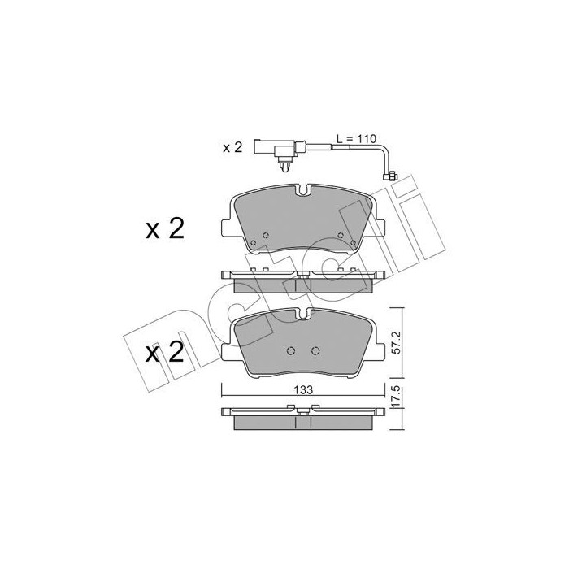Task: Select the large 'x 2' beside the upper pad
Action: pos(164,229)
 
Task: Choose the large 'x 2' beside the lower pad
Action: pos(164,354)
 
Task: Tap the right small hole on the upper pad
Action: pos(351,241)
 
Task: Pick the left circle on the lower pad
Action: pos(293,351)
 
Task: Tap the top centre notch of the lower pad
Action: pos(303,314)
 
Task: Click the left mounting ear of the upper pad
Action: pos(225,227)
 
